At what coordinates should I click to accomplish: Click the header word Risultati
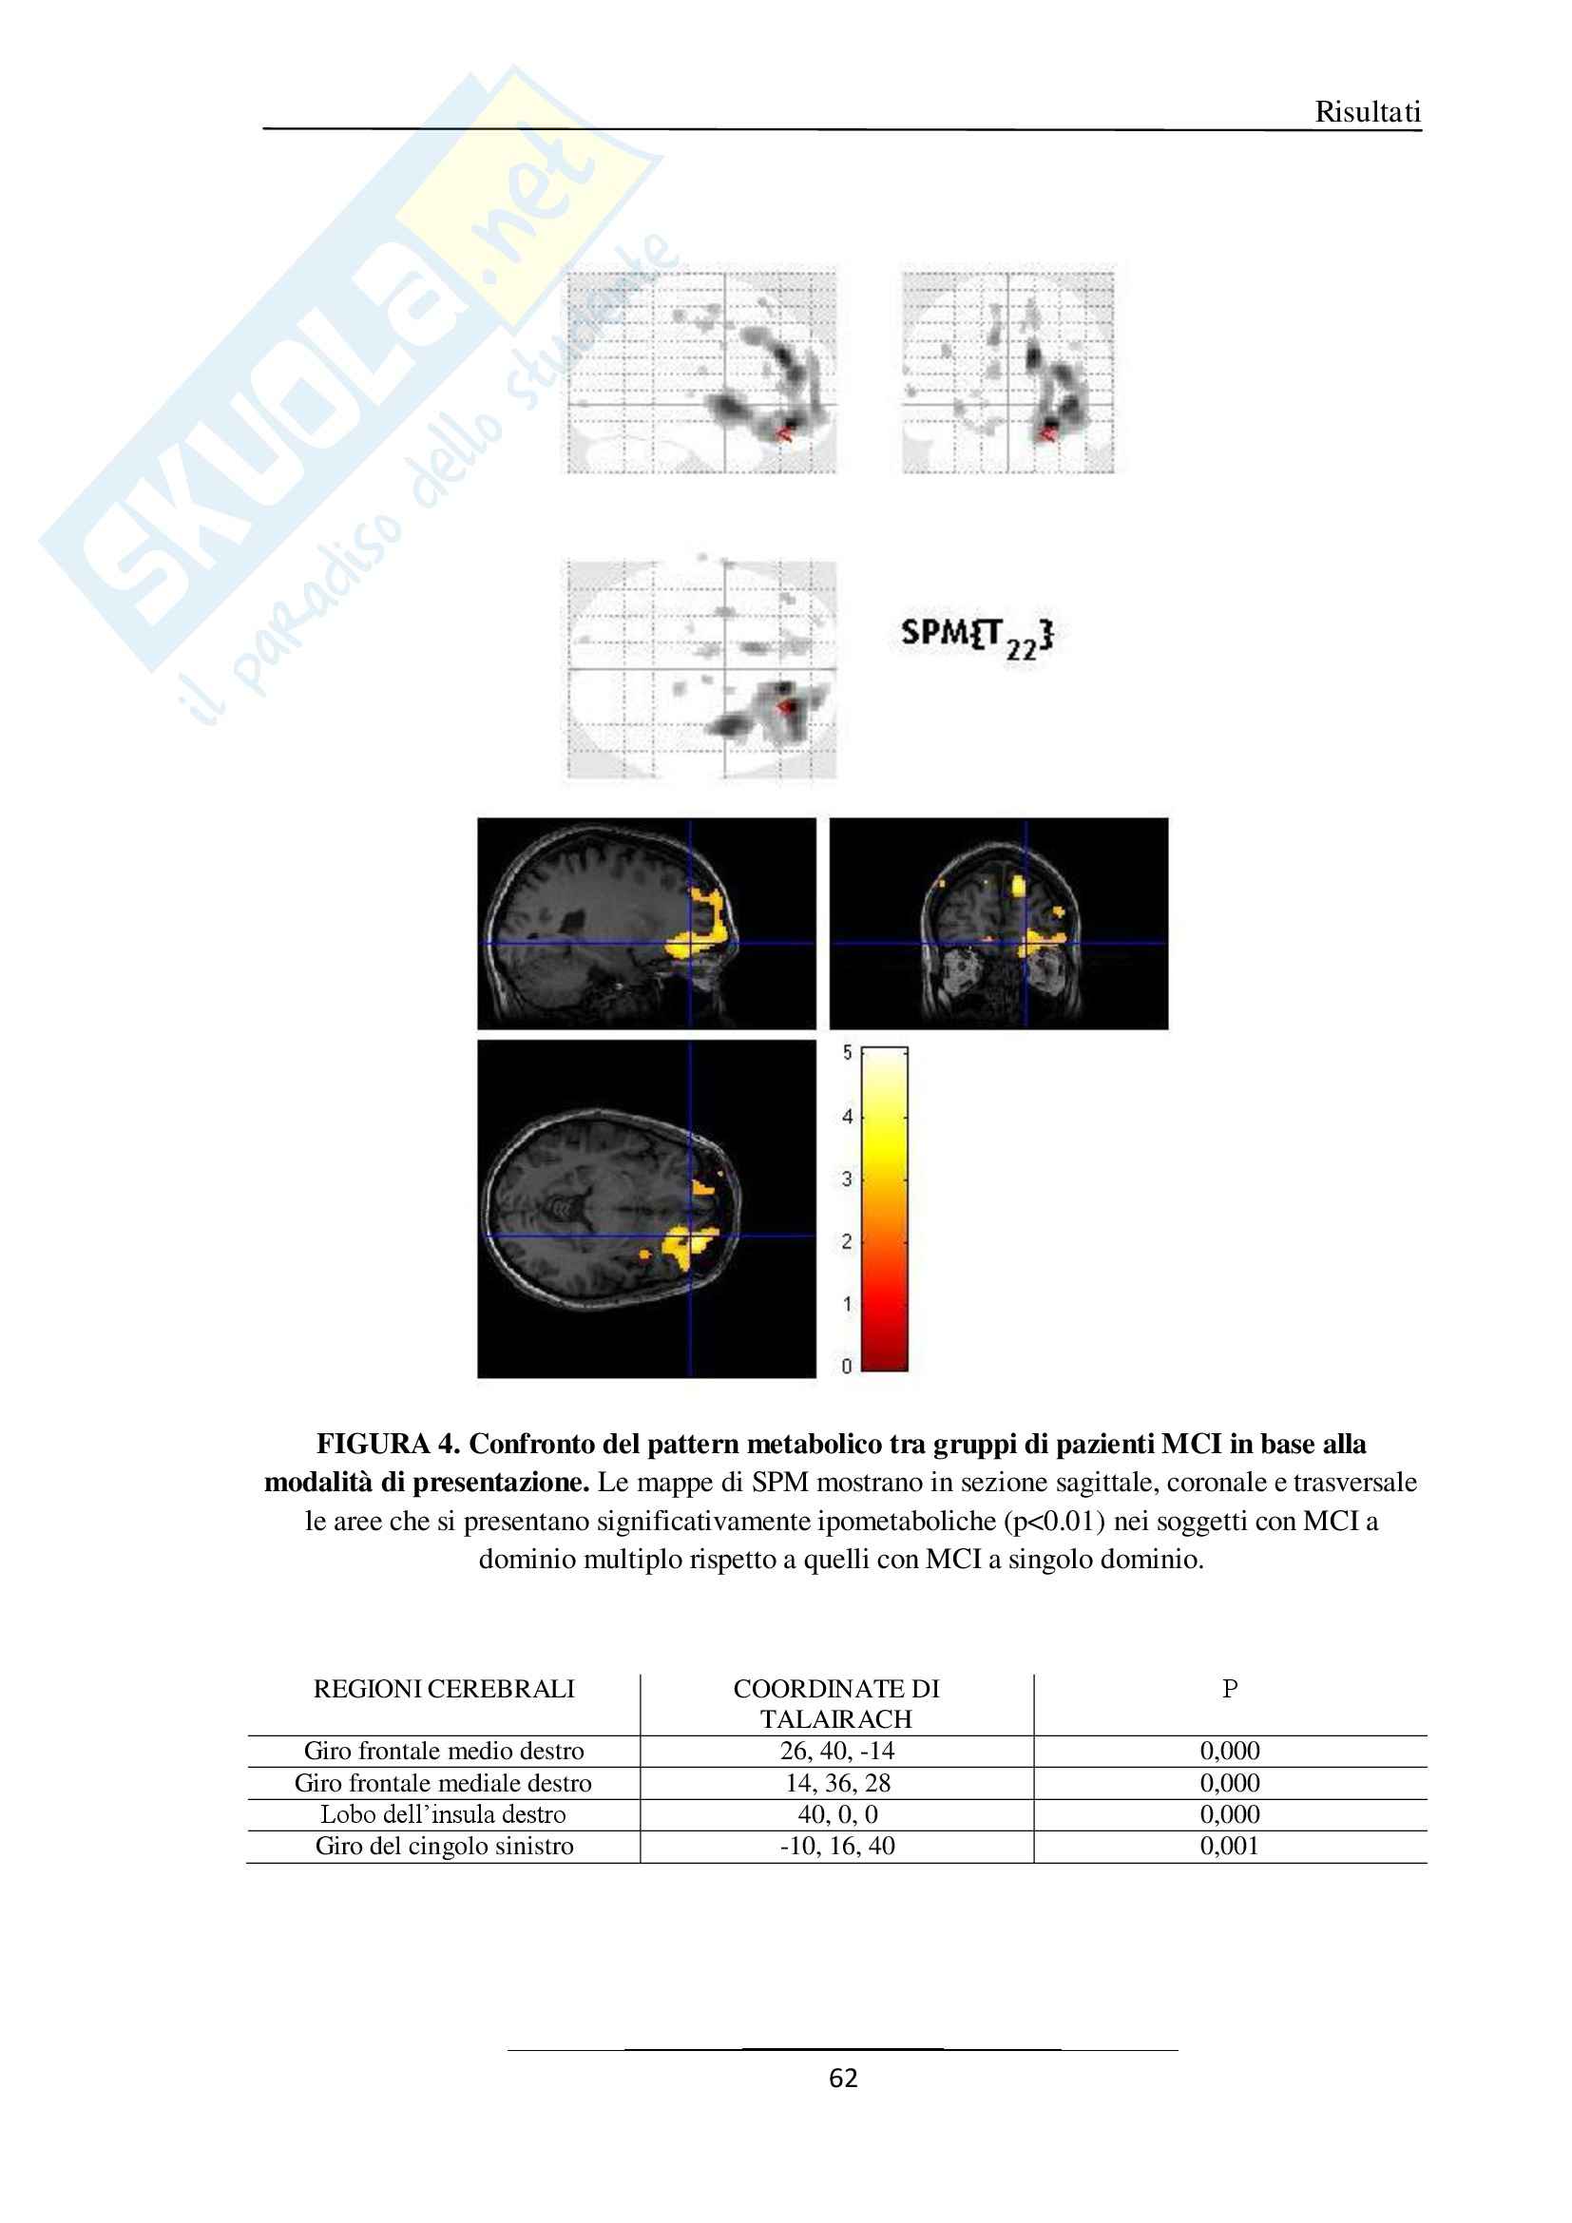1367,112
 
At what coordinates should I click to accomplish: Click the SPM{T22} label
976,636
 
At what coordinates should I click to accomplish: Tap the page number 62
843,2079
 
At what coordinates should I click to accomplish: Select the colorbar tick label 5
847,1052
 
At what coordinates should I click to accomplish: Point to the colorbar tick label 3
847,1179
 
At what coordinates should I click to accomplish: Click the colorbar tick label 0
847,1365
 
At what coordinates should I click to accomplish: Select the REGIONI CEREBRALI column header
443,1689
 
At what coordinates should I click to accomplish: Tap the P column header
1229,1689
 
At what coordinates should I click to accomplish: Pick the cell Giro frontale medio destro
443,1751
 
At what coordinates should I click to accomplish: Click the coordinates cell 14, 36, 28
837,1782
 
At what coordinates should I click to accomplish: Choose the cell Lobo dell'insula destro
443,1814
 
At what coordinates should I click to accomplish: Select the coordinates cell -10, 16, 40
837,1846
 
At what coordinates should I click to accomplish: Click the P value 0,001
1229,1846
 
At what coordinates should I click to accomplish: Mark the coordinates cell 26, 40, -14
837,1751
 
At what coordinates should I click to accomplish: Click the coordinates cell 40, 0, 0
837,1814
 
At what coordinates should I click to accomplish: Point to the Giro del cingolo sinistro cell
443,1846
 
